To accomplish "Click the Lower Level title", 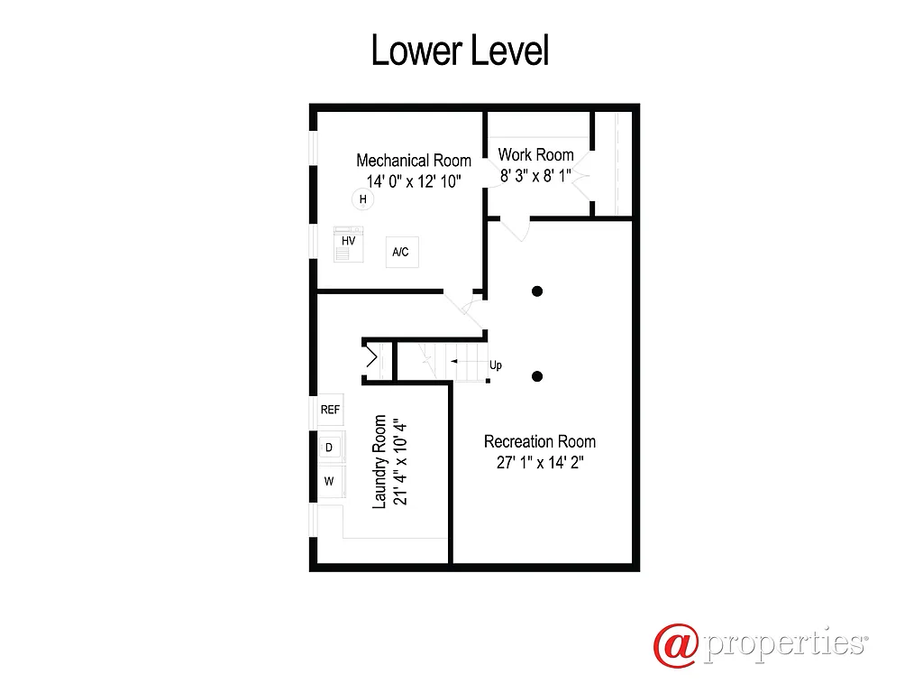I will [x=460, y=51].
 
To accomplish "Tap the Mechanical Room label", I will [x=414, y=161].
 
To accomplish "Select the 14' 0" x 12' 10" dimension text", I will [x=414, y=180].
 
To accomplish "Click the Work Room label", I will [x=536, y=154].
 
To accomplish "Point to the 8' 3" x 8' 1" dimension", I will [x=536, y=176].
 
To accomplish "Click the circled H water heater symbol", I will [x=362, y=199].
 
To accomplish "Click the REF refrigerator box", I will [x=330, y=410].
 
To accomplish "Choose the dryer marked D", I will [x=329, y=448].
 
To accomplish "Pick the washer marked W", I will [x=329, y=481].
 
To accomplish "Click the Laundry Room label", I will [x=379, y=462].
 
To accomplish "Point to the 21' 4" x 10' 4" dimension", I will [x=401, y=462].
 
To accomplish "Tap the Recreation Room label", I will [x=540, y=441].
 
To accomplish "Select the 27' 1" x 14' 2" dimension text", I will [x=540, y=463].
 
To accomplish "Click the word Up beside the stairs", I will [x=496, y=365].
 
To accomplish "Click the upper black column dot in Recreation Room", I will [x=537, y=291].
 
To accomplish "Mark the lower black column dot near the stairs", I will [x=537, y=376].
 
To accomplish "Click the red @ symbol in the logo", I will [x=676, y=644].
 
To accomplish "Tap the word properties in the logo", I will [x=783, y=644].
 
